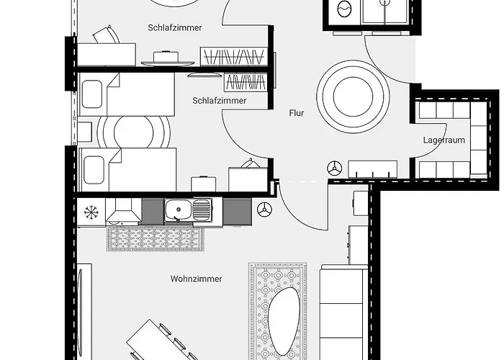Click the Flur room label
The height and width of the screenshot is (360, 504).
click(x=297, y=113)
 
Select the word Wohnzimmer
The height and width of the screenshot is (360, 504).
click(x=196, y=279)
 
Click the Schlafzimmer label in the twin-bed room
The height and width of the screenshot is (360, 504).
click(x=219, y=101)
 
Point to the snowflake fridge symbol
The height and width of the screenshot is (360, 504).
click(x=91, y=212)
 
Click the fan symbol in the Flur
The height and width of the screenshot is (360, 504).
click(x=334, y=168)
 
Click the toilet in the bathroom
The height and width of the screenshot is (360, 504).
click(x=343, y=9)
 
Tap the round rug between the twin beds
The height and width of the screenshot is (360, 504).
click(x=133, y=130)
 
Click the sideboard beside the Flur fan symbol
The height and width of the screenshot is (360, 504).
click(x=373, y=169)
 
